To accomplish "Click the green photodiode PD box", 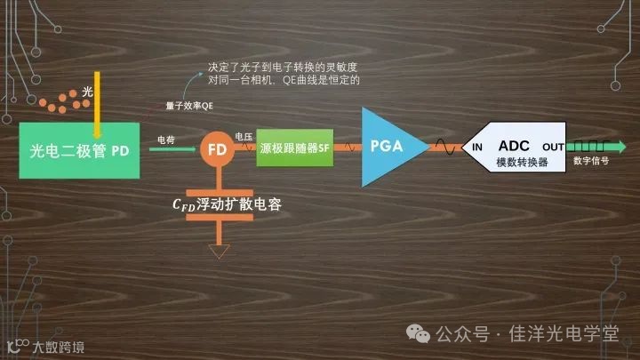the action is [79, 150].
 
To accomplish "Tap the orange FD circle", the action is [216, 149].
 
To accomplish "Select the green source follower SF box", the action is [293, 149].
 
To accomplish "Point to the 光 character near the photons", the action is [86, 92].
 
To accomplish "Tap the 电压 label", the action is [244, 136].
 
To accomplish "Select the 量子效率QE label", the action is [189, 106].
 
